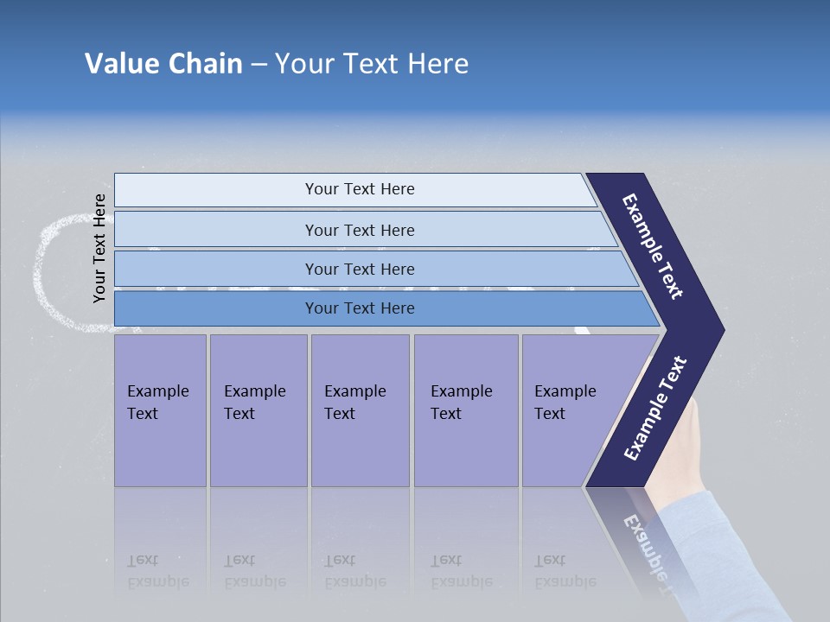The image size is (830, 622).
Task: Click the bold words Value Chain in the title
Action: coord(163,64)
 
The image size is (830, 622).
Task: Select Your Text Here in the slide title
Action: coord(372,64)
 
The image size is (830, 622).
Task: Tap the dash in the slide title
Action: coord(259,65)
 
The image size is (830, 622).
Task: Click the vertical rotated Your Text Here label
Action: coord(99,248)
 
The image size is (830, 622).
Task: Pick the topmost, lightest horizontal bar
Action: coord(360,189)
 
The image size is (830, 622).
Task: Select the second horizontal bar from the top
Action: coord(360,230)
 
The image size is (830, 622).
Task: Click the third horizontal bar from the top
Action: coord(360,269)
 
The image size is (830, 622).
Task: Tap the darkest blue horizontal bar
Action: coord(360,308)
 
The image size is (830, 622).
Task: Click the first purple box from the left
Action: coord(160,410)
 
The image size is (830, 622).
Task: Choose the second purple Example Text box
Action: coord(258,410)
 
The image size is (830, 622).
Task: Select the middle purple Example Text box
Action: coord(360,410)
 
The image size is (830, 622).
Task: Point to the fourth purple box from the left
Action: coord(466,410)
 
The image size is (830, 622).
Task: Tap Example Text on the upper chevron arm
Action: coord(653,246)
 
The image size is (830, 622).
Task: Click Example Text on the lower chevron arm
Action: coord(654,408)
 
